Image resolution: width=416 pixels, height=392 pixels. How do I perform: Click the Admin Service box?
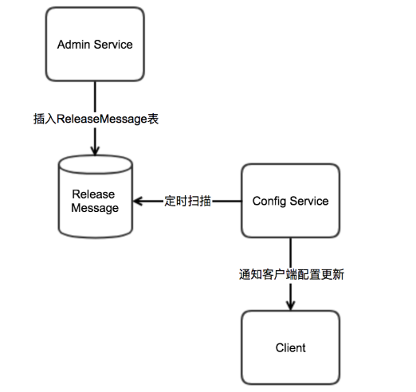pyautogui.click(x=95, y=44)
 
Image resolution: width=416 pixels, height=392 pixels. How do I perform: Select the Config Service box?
pyautogui.click(x=290, y=201)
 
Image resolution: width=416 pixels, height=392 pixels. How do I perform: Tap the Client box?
pyautogui.click(x=290, y=347)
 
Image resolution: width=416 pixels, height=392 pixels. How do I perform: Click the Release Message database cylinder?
pyautogui.click(x=95, y=197)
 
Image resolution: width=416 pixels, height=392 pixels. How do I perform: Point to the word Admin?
pyautogui.click(x=73, y=45)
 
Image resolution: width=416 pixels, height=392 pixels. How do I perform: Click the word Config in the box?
pyautogui.click(x=269, y=201)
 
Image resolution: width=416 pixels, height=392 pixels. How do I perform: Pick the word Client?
pyautogui.click(x=290, y=347)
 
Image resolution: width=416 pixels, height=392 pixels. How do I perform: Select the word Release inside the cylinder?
pyautogui.click(x=93, y=194)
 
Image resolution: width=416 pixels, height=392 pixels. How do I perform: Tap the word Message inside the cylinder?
pyautogui.click(x=95, y=208)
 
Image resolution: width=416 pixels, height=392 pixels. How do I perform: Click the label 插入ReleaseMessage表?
pyautogui.click(x=96, y=119)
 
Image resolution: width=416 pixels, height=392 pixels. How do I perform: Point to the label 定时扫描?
pyautogui.click(x=187, y=201)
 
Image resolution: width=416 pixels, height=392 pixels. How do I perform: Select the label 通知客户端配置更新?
pyautogui.click(x=292, y=274)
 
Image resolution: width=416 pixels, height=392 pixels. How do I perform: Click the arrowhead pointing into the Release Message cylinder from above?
pyautogui.click(x=95, y=151)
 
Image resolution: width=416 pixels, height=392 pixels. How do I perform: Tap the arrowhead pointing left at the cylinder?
pyautogui.click(x=138, y=201)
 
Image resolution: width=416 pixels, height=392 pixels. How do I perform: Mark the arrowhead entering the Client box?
pyautogui.click(x=290, y=306)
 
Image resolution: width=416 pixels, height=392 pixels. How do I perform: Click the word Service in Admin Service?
pyautogui.click(x=113, y=45)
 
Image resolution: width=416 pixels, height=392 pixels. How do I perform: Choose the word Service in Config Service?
pyautogui.click(x=309, y=201)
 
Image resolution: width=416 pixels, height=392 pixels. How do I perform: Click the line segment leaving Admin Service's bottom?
pyautogui.click(x=95, y=96)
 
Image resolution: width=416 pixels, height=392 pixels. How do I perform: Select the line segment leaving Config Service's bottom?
pyautogui.click(x=290, y=253)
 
